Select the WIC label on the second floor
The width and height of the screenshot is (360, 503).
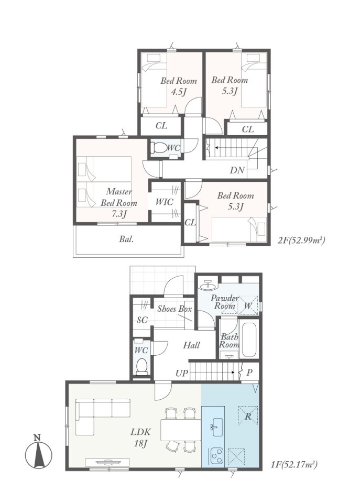[x=164, y=202]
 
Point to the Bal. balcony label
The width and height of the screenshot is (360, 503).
[x=126, y=239]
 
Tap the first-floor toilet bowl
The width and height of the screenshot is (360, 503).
[x=141, y=366]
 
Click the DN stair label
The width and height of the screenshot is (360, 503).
[x=237, y=170]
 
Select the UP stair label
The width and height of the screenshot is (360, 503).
[x=181, y=374]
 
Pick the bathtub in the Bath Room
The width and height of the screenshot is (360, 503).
[x=249, y=340]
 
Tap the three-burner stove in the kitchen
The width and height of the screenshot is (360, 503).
[x=217, y=455]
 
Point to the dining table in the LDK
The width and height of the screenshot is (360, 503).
[x=180, y=430]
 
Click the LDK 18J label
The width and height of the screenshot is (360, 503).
[x=140, y=438]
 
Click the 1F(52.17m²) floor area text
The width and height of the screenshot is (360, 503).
[x=294, y=464]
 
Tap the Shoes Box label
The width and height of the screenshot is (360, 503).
[x=174, y=309]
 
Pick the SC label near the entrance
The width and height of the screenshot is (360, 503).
[x=142, y=320]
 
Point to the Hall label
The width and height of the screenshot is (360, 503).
[x=191, y=345]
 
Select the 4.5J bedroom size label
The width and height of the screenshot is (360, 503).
[x=179, y=92]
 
